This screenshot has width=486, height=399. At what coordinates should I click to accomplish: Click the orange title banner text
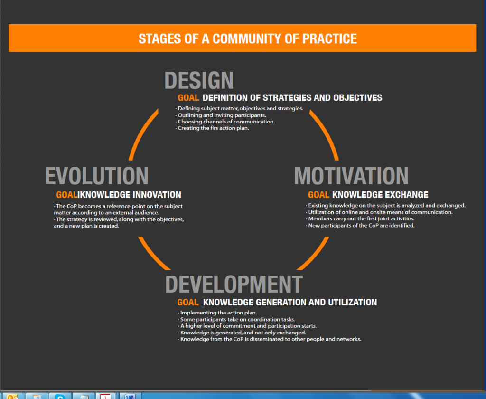(x=247, y=39)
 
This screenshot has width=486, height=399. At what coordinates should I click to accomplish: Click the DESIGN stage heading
(x=199, y=80)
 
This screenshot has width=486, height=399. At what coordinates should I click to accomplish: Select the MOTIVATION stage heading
(x=351, y=176)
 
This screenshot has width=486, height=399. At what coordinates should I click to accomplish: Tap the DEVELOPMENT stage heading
(x=234, y=284)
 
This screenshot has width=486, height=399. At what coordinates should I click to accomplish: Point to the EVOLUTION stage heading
(x=97, y=176)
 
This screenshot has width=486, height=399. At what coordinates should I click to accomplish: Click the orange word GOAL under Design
(x=188, y=98)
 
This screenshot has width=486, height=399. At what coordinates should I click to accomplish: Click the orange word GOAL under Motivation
(x=318, y=195)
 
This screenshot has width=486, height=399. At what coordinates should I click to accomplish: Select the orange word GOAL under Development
(x=188, y=303)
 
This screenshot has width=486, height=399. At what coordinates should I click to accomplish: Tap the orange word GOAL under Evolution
(x=66, y=195)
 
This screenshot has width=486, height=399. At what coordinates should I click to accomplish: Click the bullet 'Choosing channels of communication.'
(x=225, y=122)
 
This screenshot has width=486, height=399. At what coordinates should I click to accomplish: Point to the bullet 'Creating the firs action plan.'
(x=212, y=128)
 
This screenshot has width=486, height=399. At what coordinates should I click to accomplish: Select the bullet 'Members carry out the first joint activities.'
(x=360, y=218)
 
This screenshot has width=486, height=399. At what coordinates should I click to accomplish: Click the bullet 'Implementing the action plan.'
(x=217, y=313)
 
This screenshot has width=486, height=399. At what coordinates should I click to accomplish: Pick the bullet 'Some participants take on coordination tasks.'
(x=236, y=319)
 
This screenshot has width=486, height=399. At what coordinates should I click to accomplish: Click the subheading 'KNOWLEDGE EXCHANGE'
(x=380, y=195)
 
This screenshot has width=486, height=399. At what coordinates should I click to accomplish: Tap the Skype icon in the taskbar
(x=60, y=396)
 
